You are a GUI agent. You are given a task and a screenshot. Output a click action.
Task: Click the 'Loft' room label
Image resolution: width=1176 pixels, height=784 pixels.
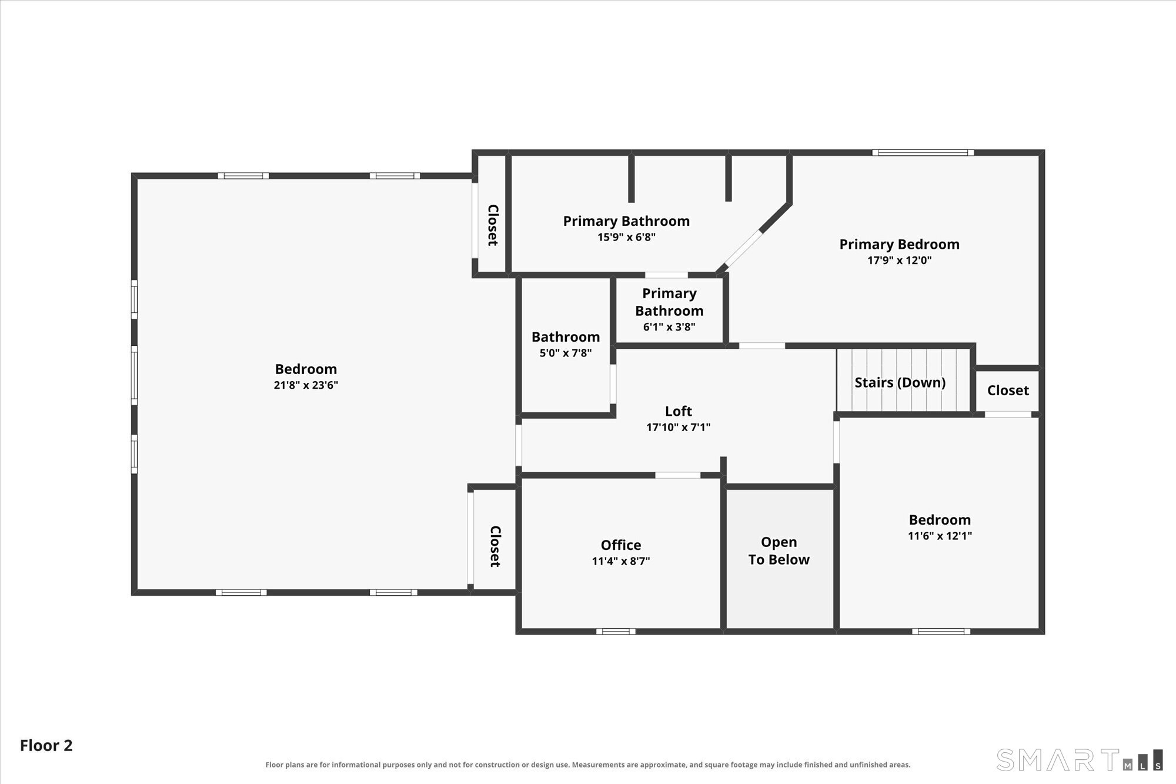(x=678, y=411)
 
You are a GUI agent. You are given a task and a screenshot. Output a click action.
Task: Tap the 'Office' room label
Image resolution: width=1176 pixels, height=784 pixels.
(x=621, y=545)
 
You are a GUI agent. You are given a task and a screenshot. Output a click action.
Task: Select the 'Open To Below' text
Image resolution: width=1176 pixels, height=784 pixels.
(x=779, y=551)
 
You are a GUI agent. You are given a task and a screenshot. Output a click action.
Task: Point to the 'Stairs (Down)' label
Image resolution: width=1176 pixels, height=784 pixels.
(x=900, y=383)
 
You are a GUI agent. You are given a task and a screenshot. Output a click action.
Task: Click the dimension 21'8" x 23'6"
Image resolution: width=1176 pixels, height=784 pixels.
(x=306, y=385)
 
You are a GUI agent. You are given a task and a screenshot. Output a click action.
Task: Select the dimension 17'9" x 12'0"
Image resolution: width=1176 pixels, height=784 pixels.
(x=900, y=260)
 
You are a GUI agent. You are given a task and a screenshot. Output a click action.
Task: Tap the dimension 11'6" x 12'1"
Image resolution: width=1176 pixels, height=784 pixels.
(x=940, y=536)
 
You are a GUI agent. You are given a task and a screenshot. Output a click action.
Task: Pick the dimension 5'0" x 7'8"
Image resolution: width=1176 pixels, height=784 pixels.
(x=566, y=353)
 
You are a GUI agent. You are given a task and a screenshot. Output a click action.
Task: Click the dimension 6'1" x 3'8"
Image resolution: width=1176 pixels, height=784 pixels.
(x=669, y=327)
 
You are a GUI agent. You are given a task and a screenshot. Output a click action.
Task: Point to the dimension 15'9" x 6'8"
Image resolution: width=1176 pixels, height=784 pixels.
(x=626, y=237)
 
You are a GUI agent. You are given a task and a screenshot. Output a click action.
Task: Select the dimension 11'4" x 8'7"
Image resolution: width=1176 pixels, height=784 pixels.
(x=621, y=561)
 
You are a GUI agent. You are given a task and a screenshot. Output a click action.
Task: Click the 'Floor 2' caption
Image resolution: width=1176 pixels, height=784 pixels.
(x=46, y=746)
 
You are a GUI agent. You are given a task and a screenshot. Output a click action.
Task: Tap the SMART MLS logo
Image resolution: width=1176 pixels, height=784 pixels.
(x=1080, y=759)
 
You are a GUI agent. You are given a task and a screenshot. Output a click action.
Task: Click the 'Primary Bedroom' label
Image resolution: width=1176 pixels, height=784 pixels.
(x=900, y=245)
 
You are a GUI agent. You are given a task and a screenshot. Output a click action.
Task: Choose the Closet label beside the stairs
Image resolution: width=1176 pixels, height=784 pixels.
(x=1008, y=391)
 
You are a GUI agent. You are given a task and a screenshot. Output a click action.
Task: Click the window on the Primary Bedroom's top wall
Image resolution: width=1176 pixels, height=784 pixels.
(x=923, y=153)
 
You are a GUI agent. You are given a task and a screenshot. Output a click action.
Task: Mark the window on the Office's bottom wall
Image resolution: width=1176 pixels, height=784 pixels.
(x=616, y=632)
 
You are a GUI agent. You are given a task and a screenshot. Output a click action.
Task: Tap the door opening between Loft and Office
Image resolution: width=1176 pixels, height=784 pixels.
(x=677, y=475)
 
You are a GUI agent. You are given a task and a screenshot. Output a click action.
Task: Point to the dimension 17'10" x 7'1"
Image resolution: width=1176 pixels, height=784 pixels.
(x=678, y=428)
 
